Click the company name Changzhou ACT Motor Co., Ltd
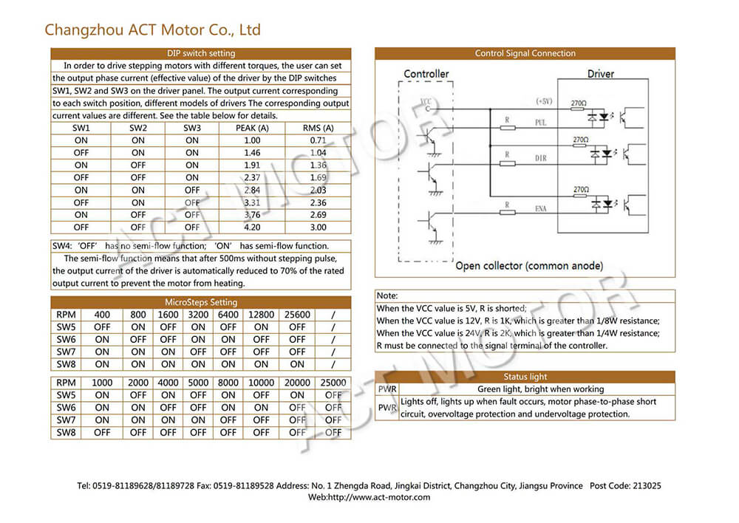tap(152, 30)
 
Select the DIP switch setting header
tap(201, 53)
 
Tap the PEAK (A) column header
tap(252, 128)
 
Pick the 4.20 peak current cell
tap(252, 228)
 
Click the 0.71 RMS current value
tap(319, 140)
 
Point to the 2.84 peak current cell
tap(252, 190)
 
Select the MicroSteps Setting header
tap(201, 302)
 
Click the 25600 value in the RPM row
tap(297, 315)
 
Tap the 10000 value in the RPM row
tap(262, 383)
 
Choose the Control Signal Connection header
tap(525, 53)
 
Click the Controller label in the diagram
tap(426, 74)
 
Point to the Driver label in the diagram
tap(601, 74)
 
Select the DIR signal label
tap(540, 159)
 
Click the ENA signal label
tap(540, 210)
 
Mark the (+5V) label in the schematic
tap(543, 101)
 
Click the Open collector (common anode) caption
tap(529, 266)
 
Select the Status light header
tap(525, 377)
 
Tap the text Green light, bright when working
tap(540, 389)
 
